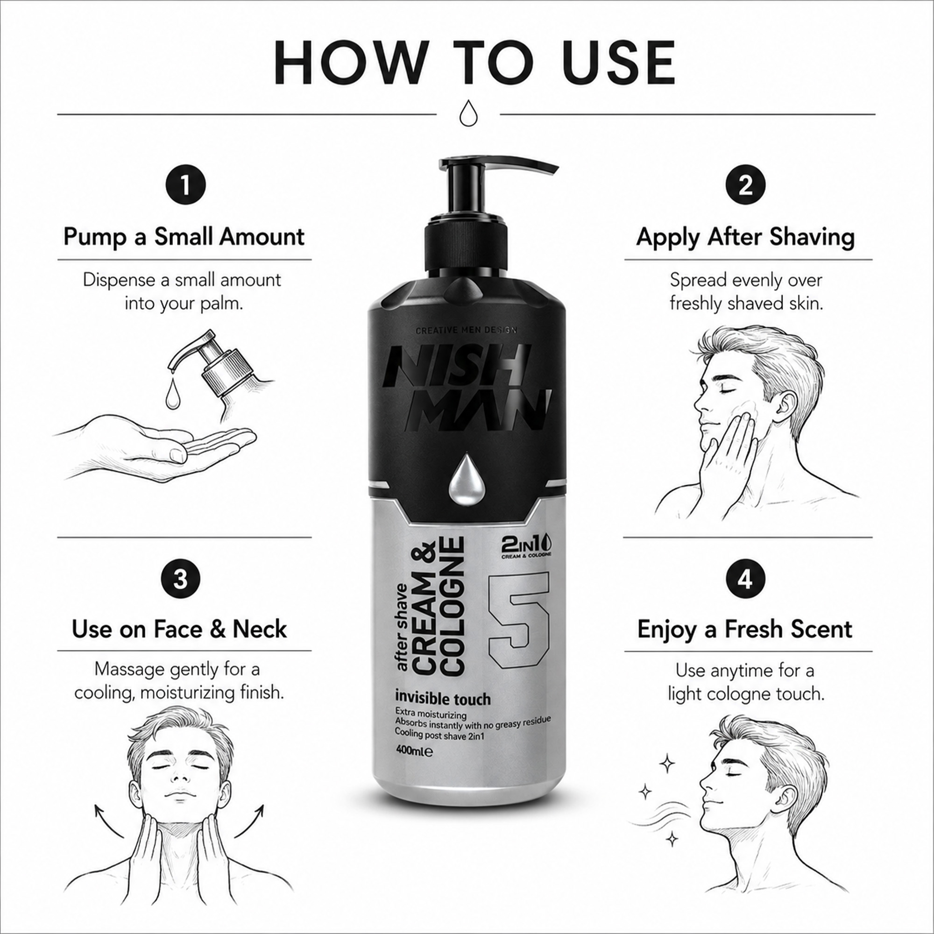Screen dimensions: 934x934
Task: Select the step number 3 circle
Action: coord(180,578)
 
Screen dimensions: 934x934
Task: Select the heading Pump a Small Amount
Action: coord(184,237)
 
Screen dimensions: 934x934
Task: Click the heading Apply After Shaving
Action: coord(745,237)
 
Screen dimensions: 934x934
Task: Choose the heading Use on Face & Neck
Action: coord(179,629)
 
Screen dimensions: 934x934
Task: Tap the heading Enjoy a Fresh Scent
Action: coord(745,629)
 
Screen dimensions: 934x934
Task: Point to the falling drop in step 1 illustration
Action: coord(171,392)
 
